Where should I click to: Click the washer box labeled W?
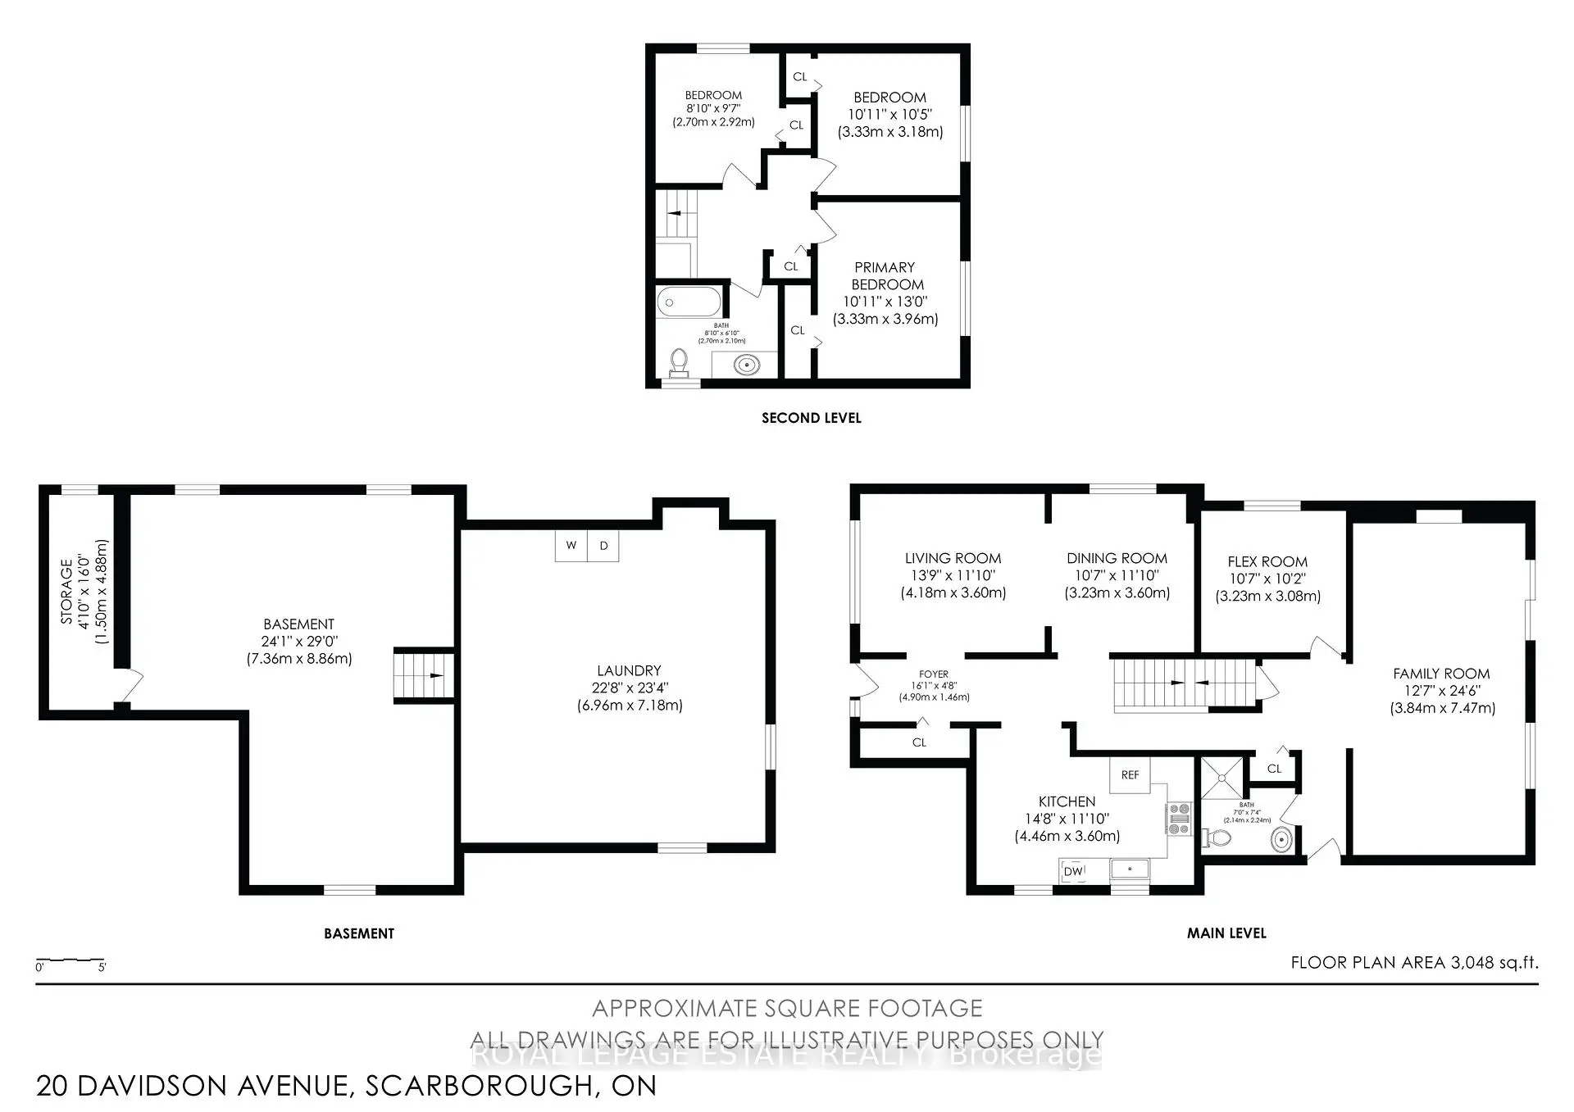(571, 546)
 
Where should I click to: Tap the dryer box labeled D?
(603, 546)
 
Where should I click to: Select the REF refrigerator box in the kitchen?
(1130, 774)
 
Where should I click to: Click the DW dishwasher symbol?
(1073, 871)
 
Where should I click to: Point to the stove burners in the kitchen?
(1179, 819)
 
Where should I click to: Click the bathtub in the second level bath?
(689, 302)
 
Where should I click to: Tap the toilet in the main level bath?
(1217, 838)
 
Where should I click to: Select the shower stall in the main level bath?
(1222, 777)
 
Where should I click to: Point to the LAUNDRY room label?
(629, 670)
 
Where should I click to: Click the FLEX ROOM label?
(1267, 561)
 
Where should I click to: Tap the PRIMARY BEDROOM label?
(885, 276)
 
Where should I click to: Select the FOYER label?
(934, 674)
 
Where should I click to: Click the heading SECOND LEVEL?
(811, 418)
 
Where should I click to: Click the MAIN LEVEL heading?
(1226, 933)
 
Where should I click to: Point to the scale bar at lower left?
(71, 960)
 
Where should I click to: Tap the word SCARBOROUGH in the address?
(478, 1086)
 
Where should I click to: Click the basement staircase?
(423, 675)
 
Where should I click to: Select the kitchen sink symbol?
(1130, 869)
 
